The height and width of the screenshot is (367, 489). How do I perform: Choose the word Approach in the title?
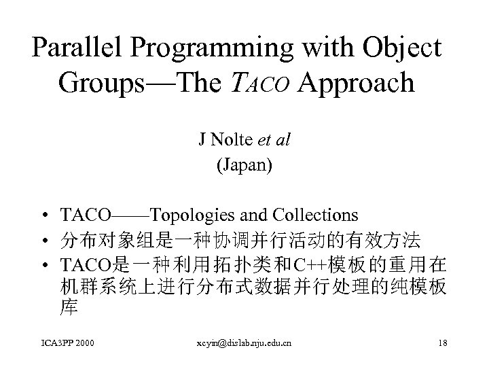click(x=355, y=83)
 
